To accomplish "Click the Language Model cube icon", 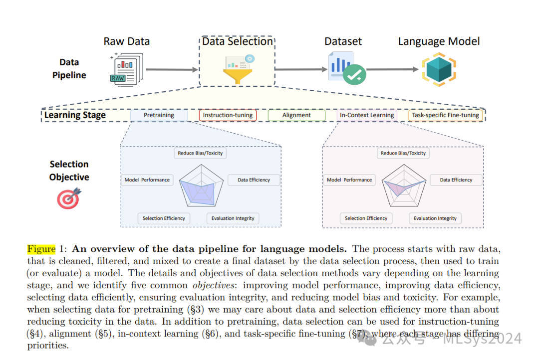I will coord(439,69).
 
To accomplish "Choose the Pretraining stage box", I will coord(159,115).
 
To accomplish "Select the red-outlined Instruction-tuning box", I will coord(228,115).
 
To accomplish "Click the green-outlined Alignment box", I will coord(296,115).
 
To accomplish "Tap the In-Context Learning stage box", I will coord(367,115).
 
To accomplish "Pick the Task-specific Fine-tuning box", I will coord(446,115).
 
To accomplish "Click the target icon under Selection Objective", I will coord(68,198).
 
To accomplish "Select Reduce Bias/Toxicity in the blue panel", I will coord(200,153).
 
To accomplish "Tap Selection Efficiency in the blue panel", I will coord(164,218).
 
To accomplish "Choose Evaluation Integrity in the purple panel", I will coord(435,218).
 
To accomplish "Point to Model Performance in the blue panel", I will coord(147,180).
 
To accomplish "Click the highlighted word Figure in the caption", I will coord(41,249).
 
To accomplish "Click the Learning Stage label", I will coord(75,115).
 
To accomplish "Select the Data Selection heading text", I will coord(238,41).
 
